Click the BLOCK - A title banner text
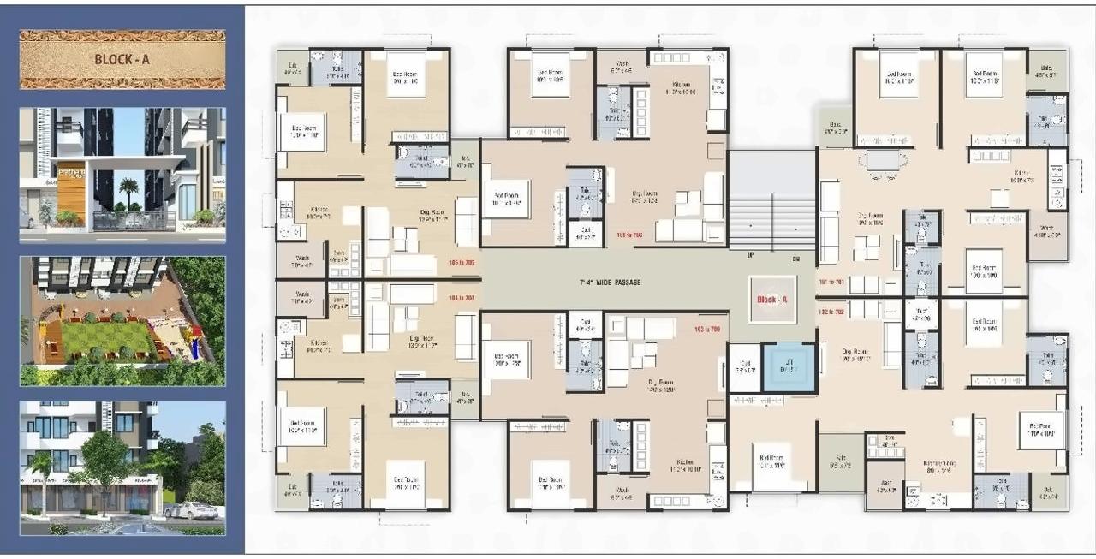click(x=122, y=60)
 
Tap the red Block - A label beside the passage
click(x=771, y=300)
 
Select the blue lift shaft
click(x=789, y=367)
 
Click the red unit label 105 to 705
click(x=461, y=264)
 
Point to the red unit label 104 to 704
click(x=461, y=298)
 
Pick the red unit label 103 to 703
click(x=705, y=329)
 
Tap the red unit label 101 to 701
click(x=831, y=281)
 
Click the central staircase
click(x=771, y=201)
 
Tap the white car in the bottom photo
click(x=189, y=511)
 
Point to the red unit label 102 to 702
click(x=831, y=313)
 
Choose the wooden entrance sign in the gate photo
click(x=71, y=188)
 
